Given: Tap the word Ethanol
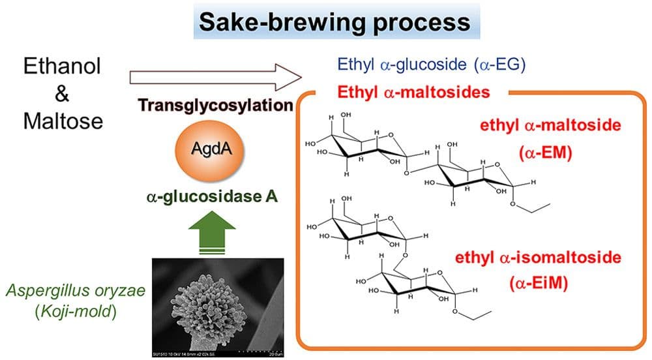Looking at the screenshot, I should pyautogui.click(x=63, y=66).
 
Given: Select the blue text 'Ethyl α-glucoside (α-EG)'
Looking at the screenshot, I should pyautogui.click(x=431, y=64).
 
